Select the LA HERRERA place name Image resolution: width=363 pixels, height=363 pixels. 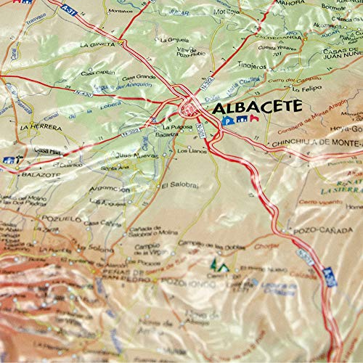click(35, 126)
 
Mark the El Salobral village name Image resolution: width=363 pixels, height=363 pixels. click(174, 184)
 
